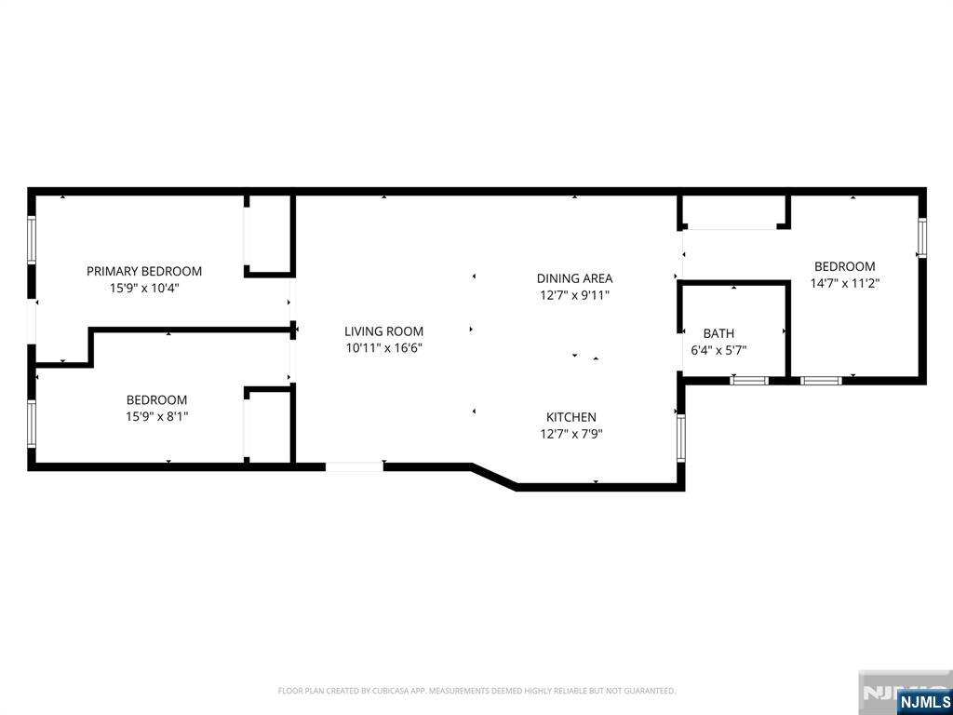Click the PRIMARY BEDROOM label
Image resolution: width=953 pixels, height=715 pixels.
144,271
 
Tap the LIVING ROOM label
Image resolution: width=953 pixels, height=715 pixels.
383,331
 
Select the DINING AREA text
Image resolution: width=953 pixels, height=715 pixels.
574,278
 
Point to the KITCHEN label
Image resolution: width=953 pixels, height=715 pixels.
571,417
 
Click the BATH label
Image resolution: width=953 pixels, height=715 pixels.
718,333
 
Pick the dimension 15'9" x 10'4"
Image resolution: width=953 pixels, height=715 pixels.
144,289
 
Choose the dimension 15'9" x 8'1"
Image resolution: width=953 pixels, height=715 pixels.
156,417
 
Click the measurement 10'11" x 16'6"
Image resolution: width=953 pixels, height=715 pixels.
384,348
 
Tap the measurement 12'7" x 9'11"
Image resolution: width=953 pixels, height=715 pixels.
574,295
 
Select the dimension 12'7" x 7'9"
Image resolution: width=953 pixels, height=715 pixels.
571,434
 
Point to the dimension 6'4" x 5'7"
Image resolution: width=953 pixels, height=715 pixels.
719,350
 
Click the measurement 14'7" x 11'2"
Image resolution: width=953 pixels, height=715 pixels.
845,283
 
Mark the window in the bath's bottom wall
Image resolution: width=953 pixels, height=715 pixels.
749,381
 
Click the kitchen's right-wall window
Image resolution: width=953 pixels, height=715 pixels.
680,438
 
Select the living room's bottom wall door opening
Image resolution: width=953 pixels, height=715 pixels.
355,467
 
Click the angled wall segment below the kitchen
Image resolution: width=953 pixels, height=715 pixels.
495,476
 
